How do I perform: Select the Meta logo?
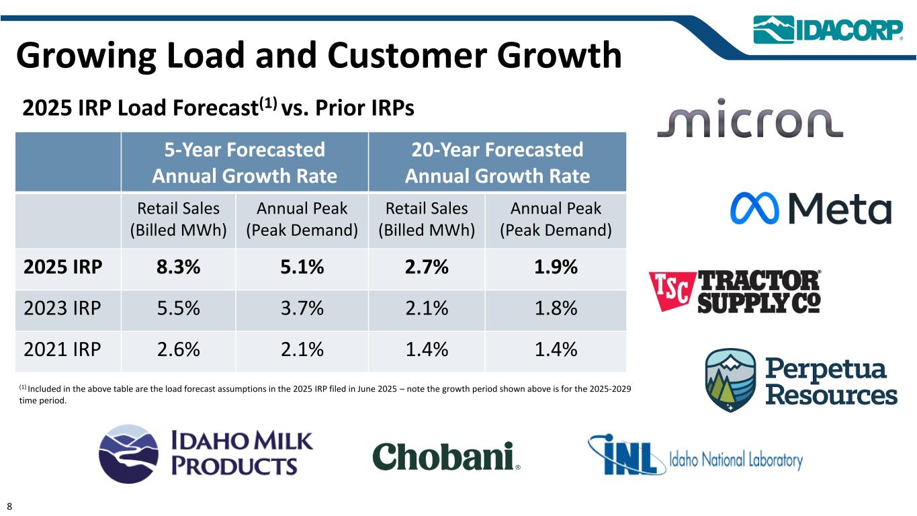810,208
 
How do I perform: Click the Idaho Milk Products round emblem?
128,454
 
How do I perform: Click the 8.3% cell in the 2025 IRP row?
178,267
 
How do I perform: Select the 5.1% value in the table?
302,267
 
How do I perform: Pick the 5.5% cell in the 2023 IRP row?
178,309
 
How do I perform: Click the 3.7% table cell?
302,309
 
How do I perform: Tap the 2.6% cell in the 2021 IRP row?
178,350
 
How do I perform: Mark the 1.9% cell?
556,267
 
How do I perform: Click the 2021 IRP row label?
63,350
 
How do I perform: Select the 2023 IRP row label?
63,309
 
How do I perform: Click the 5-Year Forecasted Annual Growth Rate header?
245,163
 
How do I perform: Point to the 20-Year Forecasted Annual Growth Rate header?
497,163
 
